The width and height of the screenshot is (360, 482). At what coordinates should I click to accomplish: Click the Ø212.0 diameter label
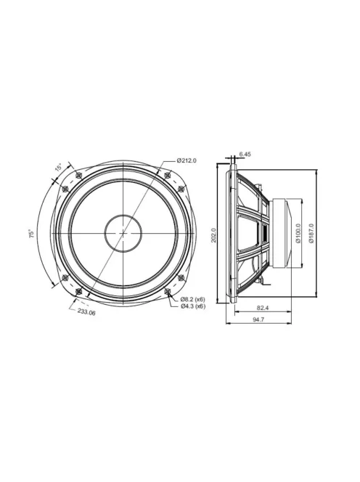pos(187,160)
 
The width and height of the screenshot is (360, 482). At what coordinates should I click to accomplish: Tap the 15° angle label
pos(58,168)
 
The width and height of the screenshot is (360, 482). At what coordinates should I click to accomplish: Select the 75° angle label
pos(32,234)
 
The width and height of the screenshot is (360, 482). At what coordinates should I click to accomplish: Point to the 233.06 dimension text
pos(86,312)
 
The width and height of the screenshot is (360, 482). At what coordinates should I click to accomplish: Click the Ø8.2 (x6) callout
pos(193,299)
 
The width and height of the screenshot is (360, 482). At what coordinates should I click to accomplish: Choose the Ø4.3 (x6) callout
pos(193,306)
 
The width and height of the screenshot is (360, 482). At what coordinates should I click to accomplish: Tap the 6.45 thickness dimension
pos(245,154)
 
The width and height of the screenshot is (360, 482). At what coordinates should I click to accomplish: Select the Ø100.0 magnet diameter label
pos(298,233)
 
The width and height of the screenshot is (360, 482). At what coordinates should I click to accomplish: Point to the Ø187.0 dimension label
pos(311,233)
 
